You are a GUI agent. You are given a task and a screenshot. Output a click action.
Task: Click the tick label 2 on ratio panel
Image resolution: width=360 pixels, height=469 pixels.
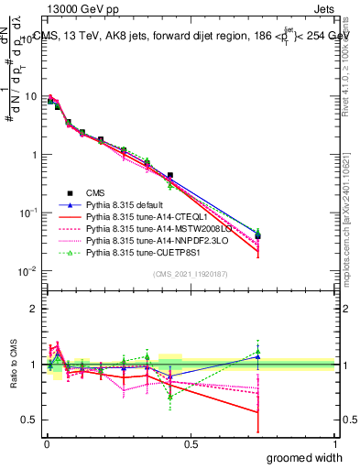click(x=34, y=309)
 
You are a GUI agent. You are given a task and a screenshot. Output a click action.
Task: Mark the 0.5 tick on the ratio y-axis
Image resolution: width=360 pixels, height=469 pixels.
click(x=30, y=420)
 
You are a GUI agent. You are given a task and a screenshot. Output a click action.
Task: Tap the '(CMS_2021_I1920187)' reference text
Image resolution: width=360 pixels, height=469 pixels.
click(x=191, y=275)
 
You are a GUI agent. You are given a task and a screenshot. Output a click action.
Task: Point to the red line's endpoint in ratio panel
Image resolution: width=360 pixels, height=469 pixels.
click(x=257, y=412)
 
